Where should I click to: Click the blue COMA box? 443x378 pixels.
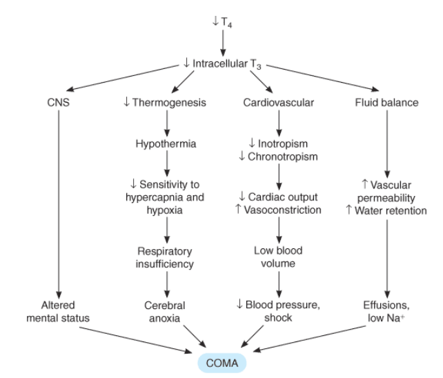tap(221, 363)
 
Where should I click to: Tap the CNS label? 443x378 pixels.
tap(58, 102)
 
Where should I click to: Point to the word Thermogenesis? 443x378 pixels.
tap(169, 103)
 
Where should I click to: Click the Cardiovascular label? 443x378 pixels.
tap(278, 103)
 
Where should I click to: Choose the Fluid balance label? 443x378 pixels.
tap(386, 103)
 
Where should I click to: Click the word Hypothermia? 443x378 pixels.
tap(166, 143)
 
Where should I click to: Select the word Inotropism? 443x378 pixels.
tap(283, 143)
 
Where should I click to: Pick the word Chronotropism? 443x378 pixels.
tap(283, 157)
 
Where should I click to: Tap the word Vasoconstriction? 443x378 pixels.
tap(282, 210)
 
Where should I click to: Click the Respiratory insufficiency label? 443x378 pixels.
tap(165, 257)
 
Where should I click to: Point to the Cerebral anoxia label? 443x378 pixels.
tap(165, 312)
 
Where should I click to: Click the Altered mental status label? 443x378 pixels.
tap(58, 312)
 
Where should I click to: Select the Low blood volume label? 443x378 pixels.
tap(278, 257)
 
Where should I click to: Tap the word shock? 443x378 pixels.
tap(278, 318)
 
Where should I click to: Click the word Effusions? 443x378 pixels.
tap(386, 305)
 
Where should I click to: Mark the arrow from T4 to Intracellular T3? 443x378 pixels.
tap(223, 43)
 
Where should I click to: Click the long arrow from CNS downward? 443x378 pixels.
tap(59, 204)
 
